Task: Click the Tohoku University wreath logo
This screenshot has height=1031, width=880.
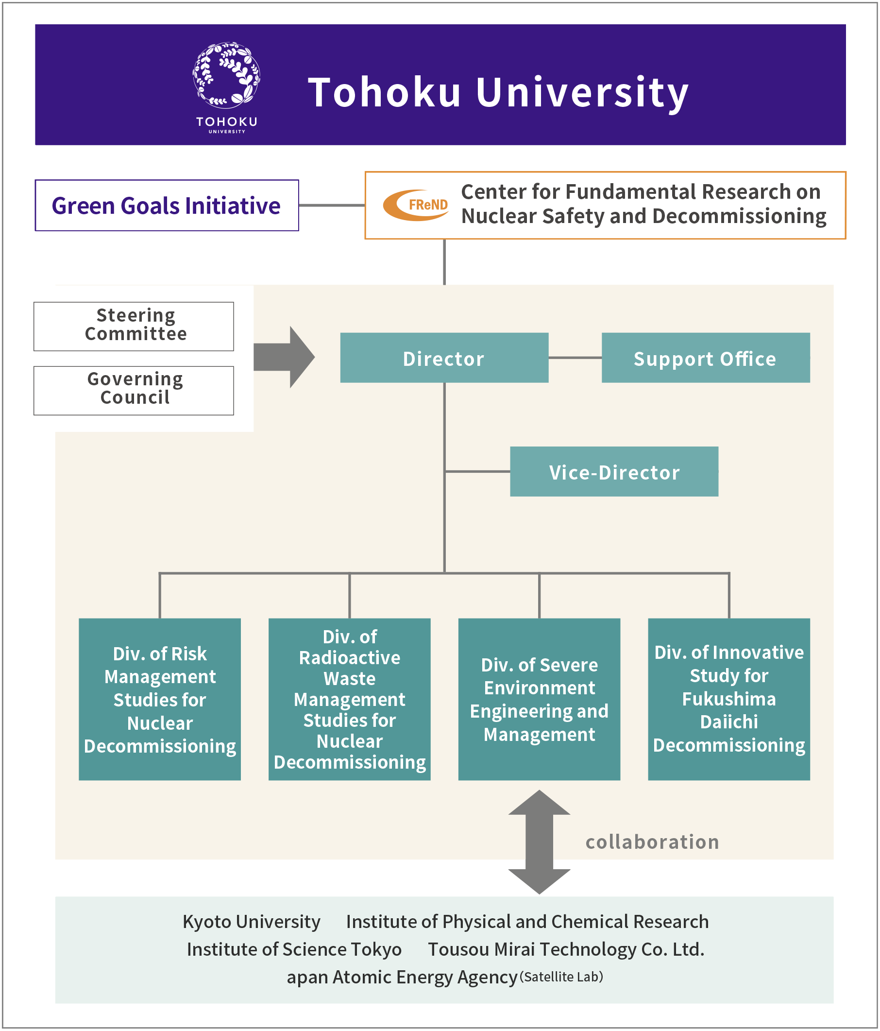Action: point(226,75)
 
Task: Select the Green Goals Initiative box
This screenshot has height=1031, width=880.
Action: point(167,205)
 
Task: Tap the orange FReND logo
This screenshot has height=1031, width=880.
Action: point(416,205)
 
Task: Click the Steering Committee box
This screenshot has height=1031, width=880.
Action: point(134,326)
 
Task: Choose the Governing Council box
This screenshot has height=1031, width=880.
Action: point(134,391)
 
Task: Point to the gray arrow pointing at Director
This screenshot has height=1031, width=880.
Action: point(284,357)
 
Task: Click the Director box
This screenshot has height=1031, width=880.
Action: point(444,358)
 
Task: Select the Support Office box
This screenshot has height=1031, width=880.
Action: point(706,358)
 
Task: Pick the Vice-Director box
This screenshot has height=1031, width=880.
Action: point(614,471)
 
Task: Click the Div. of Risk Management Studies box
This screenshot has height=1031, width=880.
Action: point(160,699)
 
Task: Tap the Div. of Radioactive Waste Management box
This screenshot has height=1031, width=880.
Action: point(350,699)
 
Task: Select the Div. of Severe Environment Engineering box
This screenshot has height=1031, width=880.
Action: point(539,699)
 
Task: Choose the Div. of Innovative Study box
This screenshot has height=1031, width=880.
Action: point(729,699)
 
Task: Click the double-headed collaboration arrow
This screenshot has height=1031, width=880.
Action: point(539,842)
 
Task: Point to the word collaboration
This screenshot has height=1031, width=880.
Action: point(652,842)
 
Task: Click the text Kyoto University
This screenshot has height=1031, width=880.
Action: point(252,922)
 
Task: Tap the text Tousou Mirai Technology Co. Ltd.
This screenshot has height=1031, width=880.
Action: point(567,949)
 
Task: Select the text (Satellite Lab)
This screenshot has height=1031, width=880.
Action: point(561,977)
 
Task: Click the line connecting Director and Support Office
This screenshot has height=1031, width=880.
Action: point(575,358)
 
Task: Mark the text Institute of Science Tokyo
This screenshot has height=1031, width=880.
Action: point(294,949)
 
